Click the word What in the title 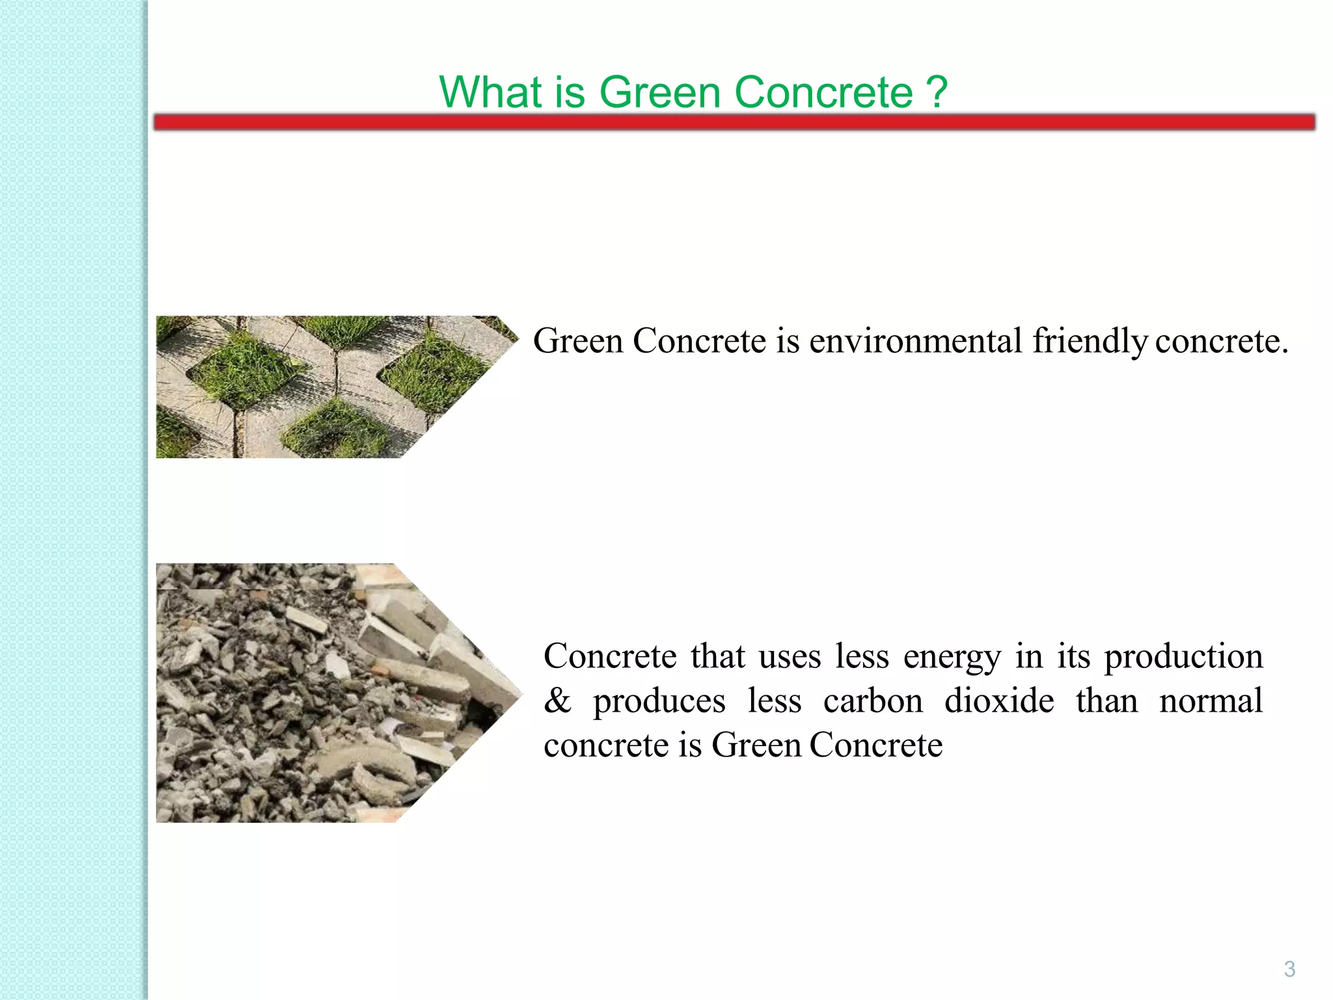coord(491,92)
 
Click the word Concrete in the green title coord(823,92)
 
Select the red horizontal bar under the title coord(734,122)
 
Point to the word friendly coord(1090,341)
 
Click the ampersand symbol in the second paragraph coord(557,701)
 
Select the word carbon coord(873,701)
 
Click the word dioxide coord(999,701)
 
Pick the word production coord(1183,656)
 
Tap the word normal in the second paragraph coord(1211,701)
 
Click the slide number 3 coord(1289,969)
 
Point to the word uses coord(790,656)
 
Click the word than coord(1106,701)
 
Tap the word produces coord(659,701)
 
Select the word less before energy coord(862,656)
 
